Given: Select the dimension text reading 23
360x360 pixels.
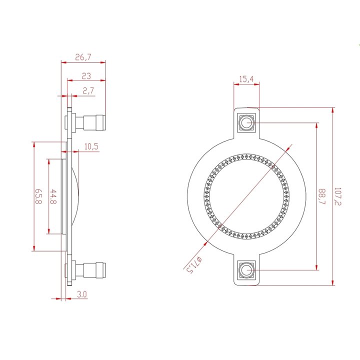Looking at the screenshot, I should (x=86, y=75).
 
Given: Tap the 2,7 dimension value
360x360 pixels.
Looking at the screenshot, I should (x=88, y=90).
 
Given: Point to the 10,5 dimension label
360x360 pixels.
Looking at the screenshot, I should (x=91, y=146).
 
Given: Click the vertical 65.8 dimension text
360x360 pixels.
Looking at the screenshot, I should (x=38, y=196).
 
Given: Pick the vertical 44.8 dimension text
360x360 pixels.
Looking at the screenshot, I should (x=53, y=196).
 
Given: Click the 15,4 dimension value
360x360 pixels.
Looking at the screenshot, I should (x=246, y=79).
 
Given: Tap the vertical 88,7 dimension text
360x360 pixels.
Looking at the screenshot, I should (x=321, y=196).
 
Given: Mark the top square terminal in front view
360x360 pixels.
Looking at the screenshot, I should (x=246, y=122).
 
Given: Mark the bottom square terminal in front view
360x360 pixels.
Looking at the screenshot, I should (x=246, y=270).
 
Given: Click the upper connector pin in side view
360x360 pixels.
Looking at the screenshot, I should (x=94, y=122).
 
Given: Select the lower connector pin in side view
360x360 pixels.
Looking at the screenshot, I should (x=94, y=270).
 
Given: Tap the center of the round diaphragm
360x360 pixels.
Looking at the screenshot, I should (x=246, y=196).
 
